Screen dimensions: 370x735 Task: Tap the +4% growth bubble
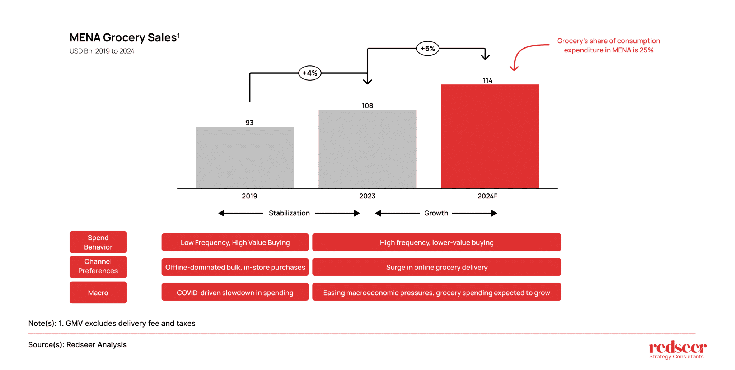[x=310, y=73]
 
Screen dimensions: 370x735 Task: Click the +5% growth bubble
[x=427, y=48]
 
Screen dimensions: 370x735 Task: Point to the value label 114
[x=487, y=81]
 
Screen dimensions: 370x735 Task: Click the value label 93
[x=249, y=123]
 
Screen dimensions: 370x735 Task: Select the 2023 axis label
[x=367, y=196]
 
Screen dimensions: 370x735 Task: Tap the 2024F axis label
[x=487, y=196]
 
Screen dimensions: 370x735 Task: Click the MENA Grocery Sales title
[x=124, y=37]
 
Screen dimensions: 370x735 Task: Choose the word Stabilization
[x=289, y=213]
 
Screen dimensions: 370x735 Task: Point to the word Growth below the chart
[x=436, y=213]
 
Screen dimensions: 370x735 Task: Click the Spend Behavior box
[x=98, y=242]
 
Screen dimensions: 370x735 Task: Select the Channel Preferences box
[x=98, y=266]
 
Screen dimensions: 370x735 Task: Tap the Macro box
[x=98, y=292]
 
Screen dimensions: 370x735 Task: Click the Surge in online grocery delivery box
[x=436, y=267]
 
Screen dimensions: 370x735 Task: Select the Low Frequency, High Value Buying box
[x=235, y=242]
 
